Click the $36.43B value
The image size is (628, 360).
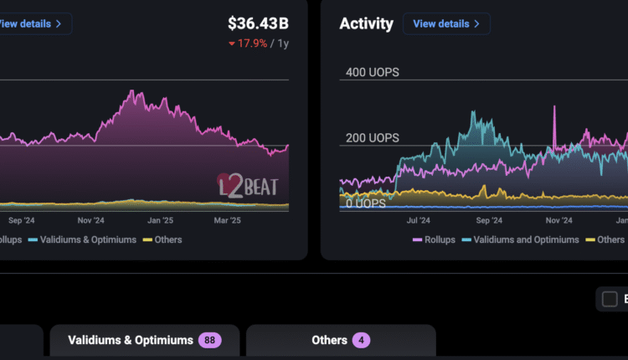(259, 23)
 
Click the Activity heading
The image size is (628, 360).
(366, 23)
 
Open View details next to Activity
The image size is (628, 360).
(446, 23)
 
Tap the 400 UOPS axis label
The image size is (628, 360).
(373, 73)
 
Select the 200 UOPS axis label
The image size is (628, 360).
(373, 138)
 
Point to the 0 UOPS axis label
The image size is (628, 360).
(366, 203)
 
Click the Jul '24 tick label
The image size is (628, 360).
(417, 221)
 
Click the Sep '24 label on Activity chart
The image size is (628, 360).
(489, 221)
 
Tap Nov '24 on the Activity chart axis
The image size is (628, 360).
(559, 221)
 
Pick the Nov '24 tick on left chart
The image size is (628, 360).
(90, 221)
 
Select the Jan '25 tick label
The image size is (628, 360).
(161, 221)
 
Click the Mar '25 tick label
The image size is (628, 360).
(228, 221)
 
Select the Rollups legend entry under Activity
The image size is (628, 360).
(435, 239)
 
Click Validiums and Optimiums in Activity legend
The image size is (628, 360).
(526, 239)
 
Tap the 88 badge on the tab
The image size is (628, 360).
(209, 340)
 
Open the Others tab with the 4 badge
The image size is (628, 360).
(340, 340)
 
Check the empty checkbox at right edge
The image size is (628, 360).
(610, 299)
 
